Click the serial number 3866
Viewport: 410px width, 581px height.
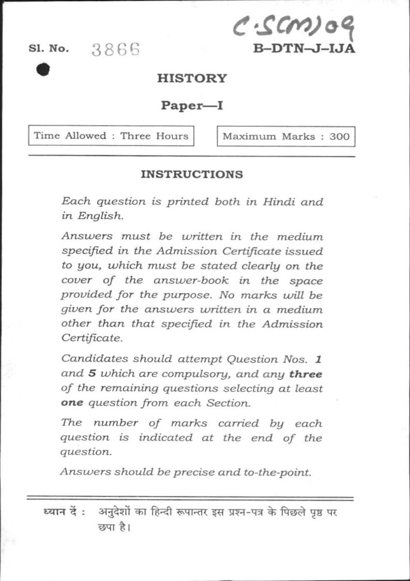[116, 49]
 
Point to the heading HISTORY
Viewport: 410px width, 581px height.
[192, 79]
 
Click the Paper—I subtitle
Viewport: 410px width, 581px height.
[192, 106]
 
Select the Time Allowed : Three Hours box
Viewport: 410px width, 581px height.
[111, 136]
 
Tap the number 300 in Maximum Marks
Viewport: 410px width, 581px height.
[339, 137]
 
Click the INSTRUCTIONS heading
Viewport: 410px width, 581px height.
[192, 174]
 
